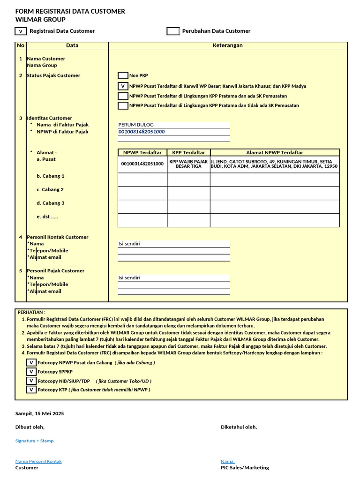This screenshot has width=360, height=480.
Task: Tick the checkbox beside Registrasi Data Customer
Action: click(x=21, y=31)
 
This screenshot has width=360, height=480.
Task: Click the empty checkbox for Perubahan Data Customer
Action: click(x=173, y=31)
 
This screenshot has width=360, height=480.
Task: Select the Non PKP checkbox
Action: click(x=123, y=75)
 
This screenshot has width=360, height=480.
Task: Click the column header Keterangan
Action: click(x=228, y=45)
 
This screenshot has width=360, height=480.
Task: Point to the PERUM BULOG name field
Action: click(x=173, y=125)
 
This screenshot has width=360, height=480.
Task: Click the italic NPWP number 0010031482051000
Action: click(x=142, y=132)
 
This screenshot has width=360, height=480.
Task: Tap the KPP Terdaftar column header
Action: click(x=188, y=152)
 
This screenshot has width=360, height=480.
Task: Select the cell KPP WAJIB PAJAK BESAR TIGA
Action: click(x=188, y=164)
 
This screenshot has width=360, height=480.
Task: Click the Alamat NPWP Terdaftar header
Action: click(x=275, y=152)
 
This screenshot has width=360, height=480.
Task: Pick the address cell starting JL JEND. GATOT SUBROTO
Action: click(x=275, y=164)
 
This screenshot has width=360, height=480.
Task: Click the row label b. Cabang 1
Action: click(x=51, y=176)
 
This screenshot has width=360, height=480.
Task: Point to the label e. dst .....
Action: click(x=47, y=217)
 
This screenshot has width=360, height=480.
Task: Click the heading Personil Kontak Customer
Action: click(x=57, y=237)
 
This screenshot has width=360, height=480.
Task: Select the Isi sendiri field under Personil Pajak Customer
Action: click(x=173, y=277)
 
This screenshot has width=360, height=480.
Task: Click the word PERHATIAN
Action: click(x=31, y=312)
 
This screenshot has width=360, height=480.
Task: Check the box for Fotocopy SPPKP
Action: click(x=31, y=372)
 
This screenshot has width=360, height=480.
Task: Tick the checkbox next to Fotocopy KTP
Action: click(x=31, y=390)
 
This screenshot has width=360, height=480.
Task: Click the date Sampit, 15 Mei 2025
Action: click(x=39, y=413)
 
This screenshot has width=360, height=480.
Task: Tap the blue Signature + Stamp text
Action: click(x=34, y=441)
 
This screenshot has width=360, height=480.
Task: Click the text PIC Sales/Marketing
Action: click(x=245, y=467)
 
